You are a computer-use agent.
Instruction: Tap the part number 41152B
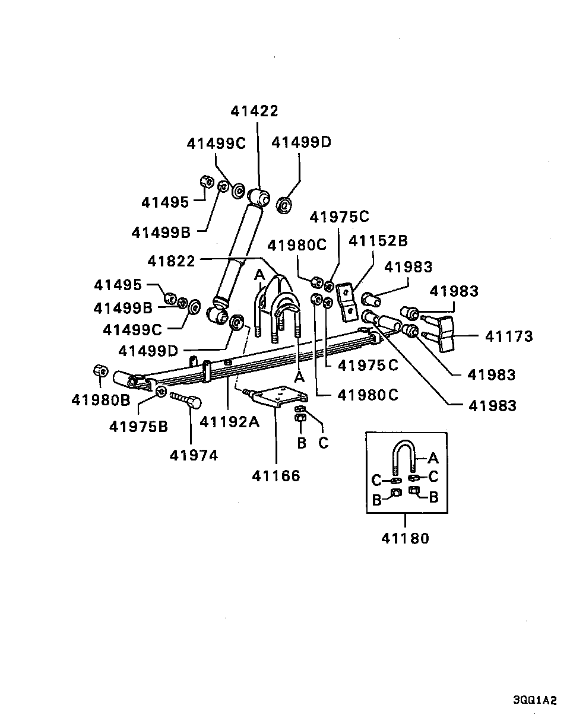click(x=378, y=241)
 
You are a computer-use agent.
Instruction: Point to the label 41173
click(x=509, y=336)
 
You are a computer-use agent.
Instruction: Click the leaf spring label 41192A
click(x=230, y=422)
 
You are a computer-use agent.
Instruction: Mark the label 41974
click(x=194, y=455)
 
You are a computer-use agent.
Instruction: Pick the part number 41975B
click(x=138, y=426)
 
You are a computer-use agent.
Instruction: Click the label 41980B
click(x=100, y=400)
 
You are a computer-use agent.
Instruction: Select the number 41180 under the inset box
click(x=405, y=538)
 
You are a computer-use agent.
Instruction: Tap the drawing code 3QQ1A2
click(x=535, y=700)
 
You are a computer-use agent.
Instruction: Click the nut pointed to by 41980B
click(x=100, y=371)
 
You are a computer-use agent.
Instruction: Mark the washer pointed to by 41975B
click(x=160, y=391)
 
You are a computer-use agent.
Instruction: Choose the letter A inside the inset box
click(x=433, y=458)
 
